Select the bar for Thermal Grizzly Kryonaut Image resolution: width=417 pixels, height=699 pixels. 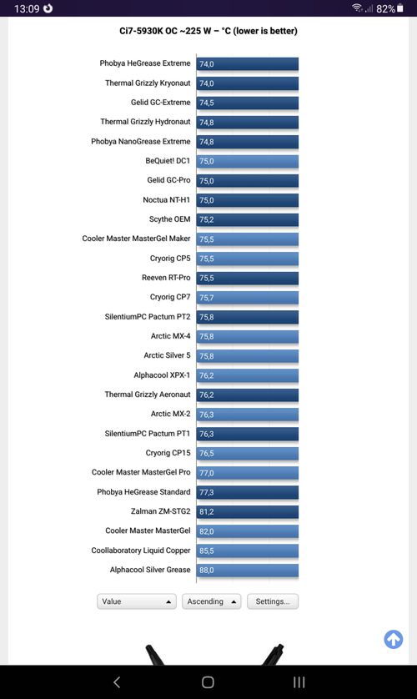pyautogui.click(x=247, y=83)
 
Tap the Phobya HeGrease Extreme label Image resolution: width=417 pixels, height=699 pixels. pyautogui.click(x=145, y=63)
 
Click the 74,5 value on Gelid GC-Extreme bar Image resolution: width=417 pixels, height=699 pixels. pyautogui.click(x=206, y=103)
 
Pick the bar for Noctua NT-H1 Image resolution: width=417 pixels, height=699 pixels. pyautogui.click(x=247, y=200)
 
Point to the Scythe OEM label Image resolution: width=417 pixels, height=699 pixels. pyautogui.click(x=170, y=219)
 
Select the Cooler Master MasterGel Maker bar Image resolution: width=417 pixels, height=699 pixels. pyautogui.click(x=247, y=239)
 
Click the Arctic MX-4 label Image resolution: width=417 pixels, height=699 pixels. pyautogui.click(x=170, y=336)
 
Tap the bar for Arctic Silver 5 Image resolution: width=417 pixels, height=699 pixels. pyautogui.click(x=247, y=355)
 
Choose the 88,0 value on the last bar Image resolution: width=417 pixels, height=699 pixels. pyautogui.click(x=206, y=571)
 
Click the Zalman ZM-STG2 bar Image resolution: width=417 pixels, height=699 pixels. pyautogui.click(x=247, y=512)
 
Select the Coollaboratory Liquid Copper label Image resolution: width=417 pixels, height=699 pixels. pyautogui.click(x=141, y=551)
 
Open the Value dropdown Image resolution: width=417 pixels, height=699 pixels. pyautogui.click(x=136, y=601)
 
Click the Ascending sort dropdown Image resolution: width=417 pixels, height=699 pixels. pyautogui.click(x=211, y=601)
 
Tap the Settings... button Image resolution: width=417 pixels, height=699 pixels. pyautogui.click(x=273, y=601)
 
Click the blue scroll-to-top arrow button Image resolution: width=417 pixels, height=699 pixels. pyautogui.click(x=394, y=639)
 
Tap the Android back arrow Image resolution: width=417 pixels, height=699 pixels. pyautogui.click(x=117, y=682)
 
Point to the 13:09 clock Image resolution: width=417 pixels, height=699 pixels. pyautogui.click(x=27, y=8)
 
